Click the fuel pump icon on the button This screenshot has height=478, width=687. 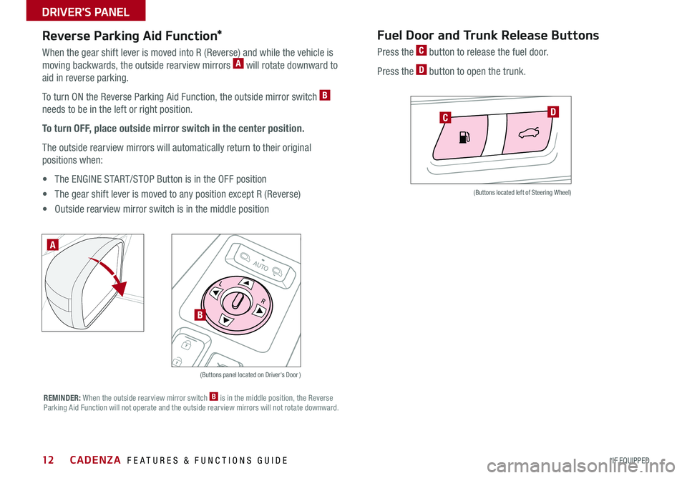[465, 138]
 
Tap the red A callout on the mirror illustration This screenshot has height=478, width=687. [54, 245]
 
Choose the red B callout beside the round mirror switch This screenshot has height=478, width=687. [200, 314]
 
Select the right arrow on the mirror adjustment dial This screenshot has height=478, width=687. [258, 309]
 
